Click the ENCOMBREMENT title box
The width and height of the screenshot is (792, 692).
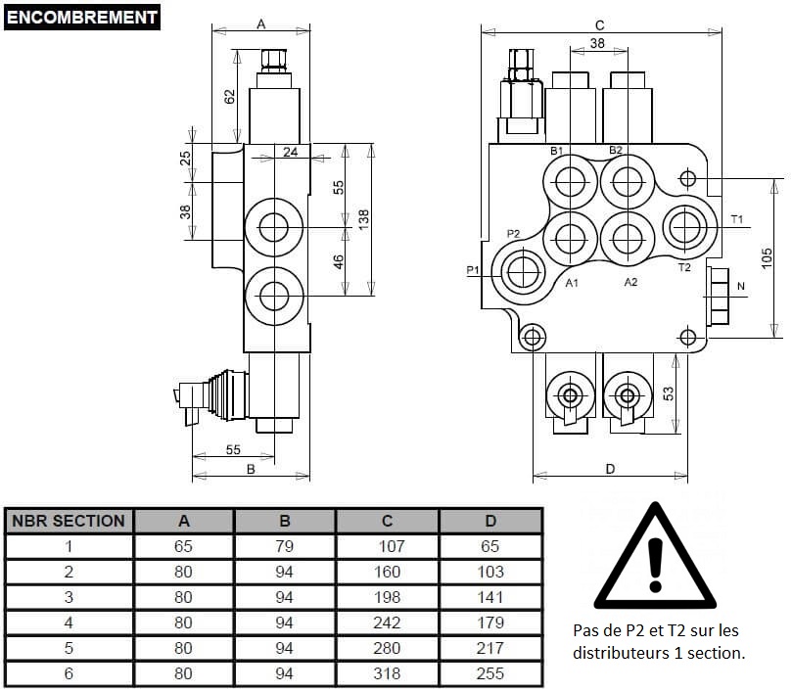(x=82, y=18)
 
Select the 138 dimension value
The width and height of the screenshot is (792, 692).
(x=363, y=220)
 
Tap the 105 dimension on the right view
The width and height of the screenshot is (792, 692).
(x=767, y=258)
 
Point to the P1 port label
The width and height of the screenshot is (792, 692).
(x=472, y=270)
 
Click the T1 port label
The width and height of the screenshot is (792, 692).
(x=737, y=219)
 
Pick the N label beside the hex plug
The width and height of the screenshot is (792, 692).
(x=741, y=286)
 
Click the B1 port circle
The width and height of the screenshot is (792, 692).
(x=571, y=182)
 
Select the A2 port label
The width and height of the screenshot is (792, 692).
(x=630, y=282)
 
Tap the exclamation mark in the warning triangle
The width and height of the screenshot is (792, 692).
(x=655, y=565)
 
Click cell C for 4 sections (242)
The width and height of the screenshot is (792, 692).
(x=387, y=623)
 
